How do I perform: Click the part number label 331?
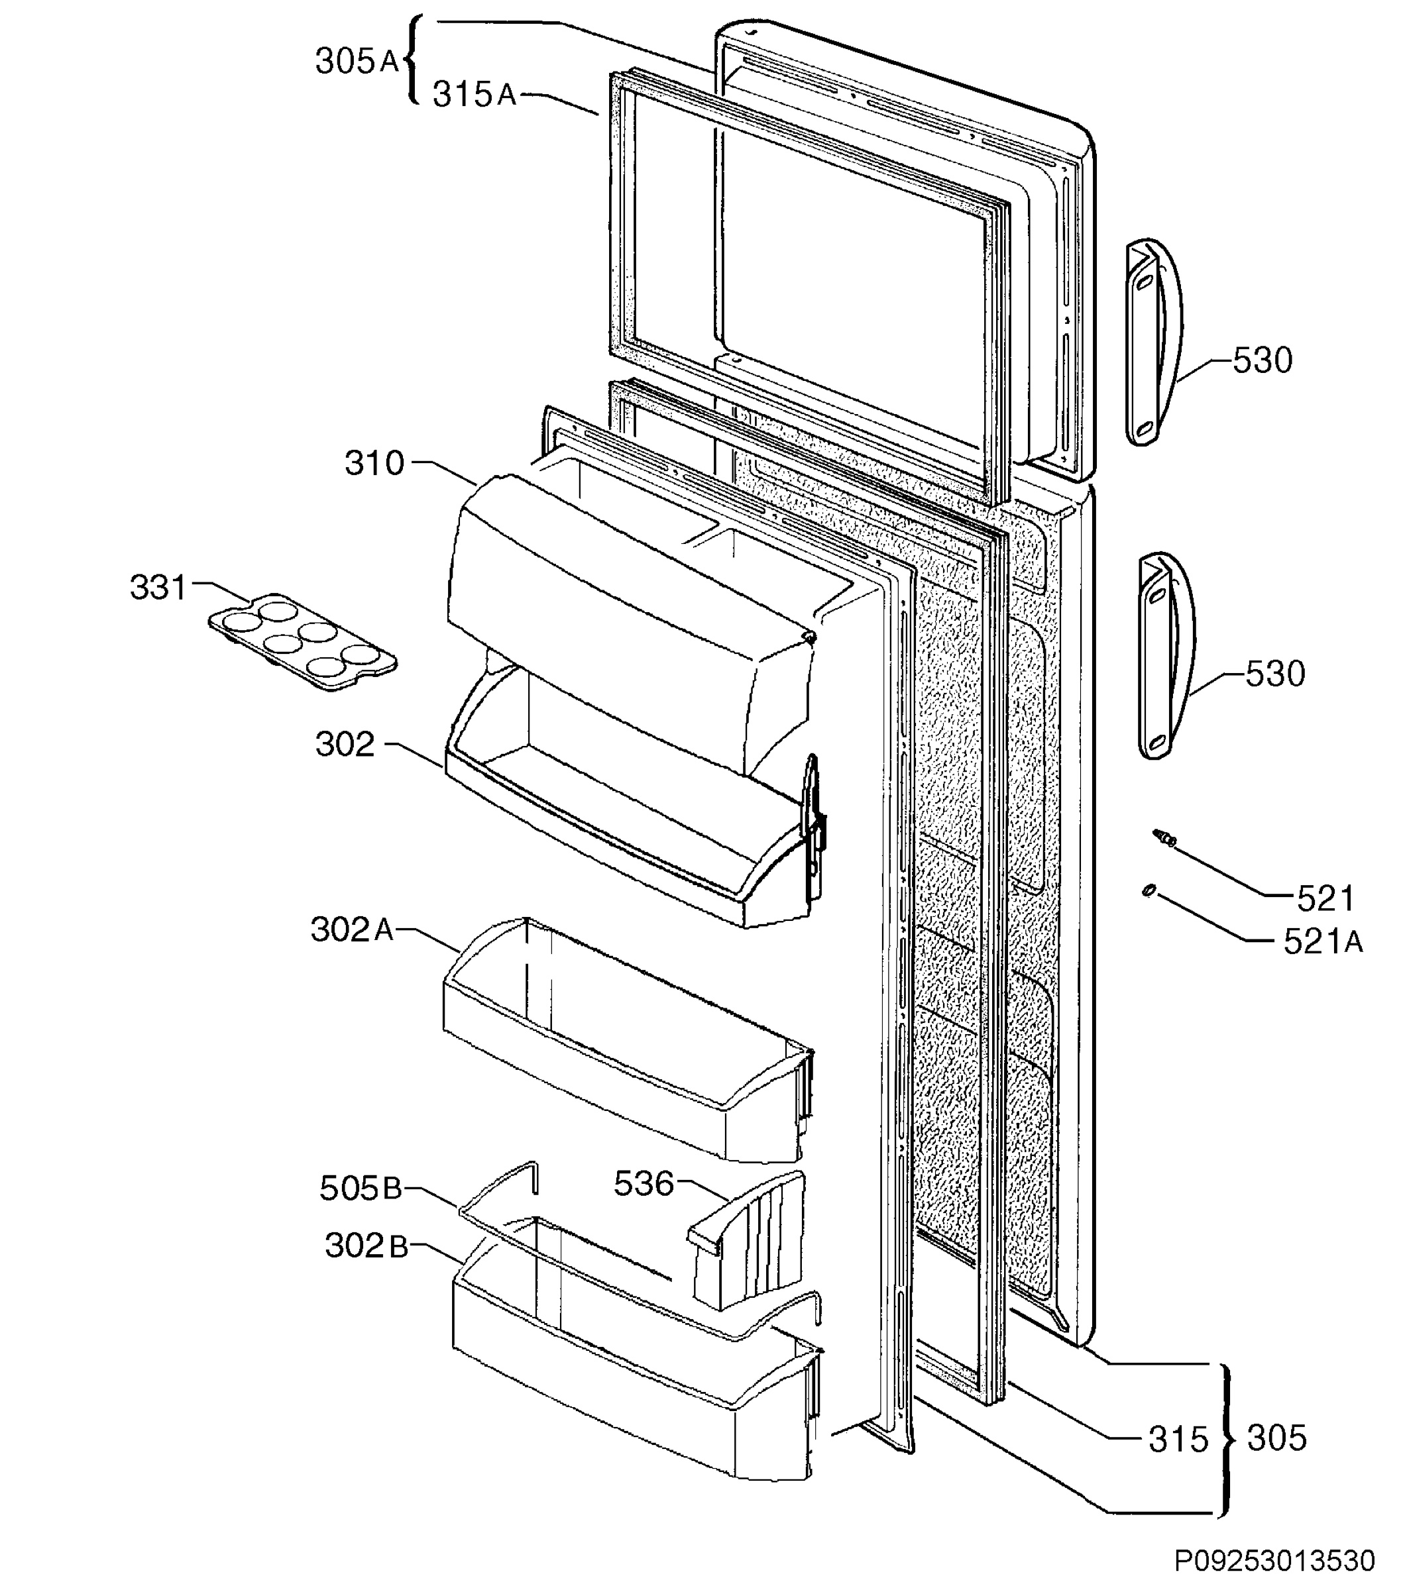pyautogui.click(x=158, y=588)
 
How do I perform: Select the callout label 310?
pyautogui.click(x=375, y=464)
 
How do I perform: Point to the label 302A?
pyautogui.click(x=353, y=929)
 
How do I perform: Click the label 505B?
pyautogui.click(x=361, y=1189)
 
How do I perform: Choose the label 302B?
pyautogui.click(x=366, y=1246)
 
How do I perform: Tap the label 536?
pyautogui.click(x=644, y=1184)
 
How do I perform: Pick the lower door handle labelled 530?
pyautogui.click(x=1165, y=656)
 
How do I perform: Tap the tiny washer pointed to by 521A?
pyautogui.click(x=1147, y=890)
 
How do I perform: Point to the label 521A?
pyautogui.click(x=1323, y=942)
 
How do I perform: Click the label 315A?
pyautogui.click(x=475, y=95)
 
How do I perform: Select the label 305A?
pyautogui.click(x=357, y=62)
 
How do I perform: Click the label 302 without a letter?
pyautogui.click(x=345, y=745)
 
